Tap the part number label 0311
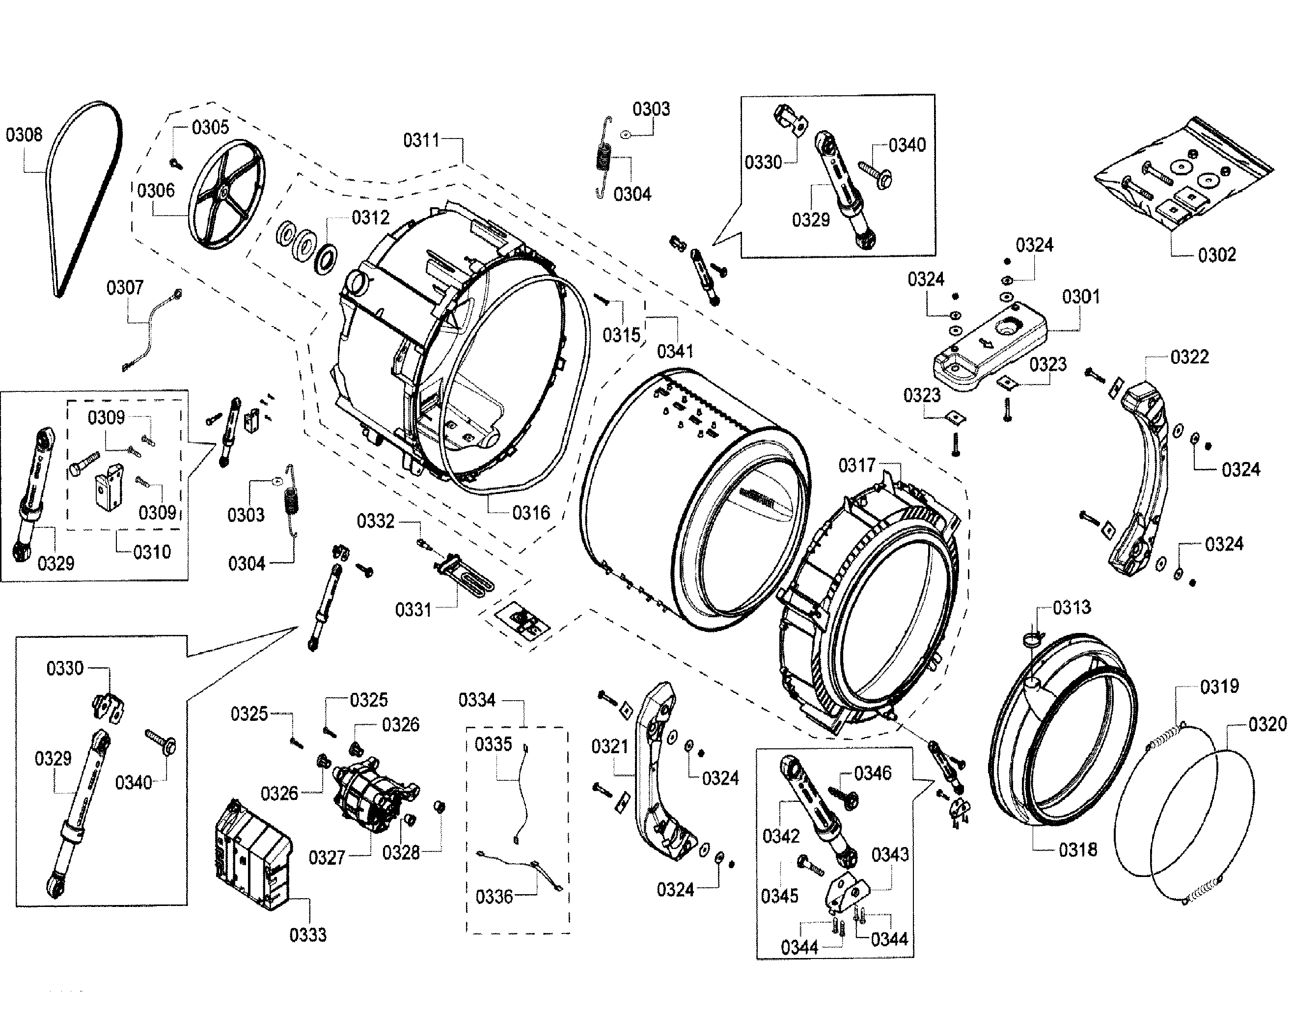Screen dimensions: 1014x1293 [x=421, y=141]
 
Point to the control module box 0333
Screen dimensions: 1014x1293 [x=252, y=855]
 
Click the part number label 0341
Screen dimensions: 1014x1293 [x=675, y=352]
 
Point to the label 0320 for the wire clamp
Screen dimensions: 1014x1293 [x=1267, y=724]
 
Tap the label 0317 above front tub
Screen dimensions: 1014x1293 [x=856, y=466]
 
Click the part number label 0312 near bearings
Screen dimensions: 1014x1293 [x=370, y=218]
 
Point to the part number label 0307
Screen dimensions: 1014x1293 [x=125, y=288]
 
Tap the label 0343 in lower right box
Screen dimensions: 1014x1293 [x=889, y=855]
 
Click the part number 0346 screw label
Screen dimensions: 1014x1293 [x=872, y=773]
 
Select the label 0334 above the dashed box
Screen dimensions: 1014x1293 [x=477, y=701]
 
